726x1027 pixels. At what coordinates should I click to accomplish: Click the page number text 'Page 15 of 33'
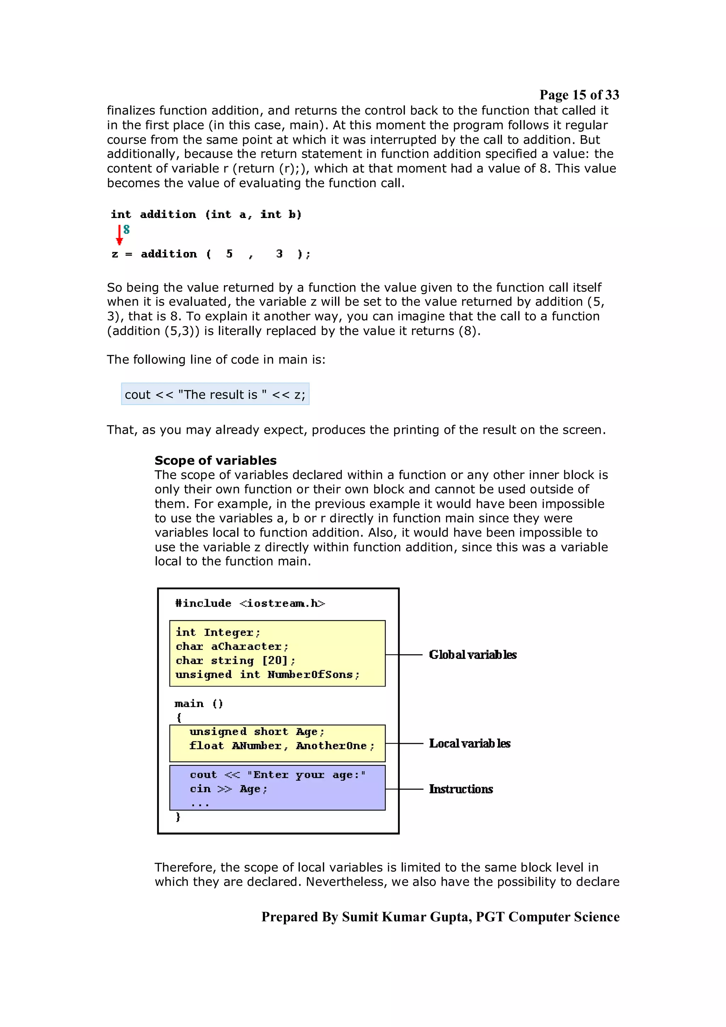(x=579, y=95)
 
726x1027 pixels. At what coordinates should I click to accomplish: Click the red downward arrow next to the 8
(x=119, y=235)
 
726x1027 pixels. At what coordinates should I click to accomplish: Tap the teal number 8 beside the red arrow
(x=127, y=230)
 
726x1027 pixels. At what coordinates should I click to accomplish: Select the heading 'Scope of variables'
(x=215, y=460)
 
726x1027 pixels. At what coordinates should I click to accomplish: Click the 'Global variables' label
(x=473, y=655)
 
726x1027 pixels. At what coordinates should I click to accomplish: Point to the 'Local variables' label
(x=470, y=743)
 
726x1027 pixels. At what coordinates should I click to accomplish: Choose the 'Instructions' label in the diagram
(x=461, y=789)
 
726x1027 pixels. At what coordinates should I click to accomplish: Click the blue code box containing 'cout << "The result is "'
(x=215, y=394)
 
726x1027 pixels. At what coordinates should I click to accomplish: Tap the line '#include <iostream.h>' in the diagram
(x=250, y=604)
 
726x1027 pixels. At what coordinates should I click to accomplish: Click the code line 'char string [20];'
(x=235, y=661)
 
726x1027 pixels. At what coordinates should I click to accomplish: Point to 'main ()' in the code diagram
(x=199, y=703)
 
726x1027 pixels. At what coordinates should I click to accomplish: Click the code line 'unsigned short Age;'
(x=257, y=732)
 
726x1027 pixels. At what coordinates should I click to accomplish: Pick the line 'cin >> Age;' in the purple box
(x=229, y=789)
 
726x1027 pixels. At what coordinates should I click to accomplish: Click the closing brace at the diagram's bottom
(x=178, y=817)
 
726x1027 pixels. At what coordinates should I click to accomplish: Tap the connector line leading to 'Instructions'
(x=404, y=789)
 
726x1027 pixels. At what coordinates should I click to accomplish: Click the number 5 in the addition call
(x=229, y=254)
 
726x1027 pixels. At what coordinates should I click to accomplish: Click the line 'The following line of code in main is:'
(x=216, y=360)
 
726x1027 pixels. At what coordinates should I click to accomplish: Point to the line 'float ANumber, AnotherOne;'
(x=282, y=746)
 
